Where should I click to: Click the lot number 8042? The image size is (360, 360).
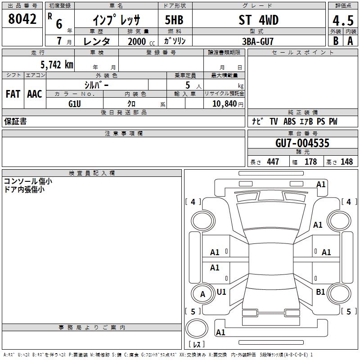coord(22,19)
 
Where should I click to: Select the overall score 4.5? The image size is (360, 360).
coord(343,20)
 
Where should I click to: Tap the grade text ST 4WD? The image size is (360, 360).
coord(259,20)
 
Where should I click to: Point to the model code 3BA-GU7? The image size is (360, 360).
coord(258,41)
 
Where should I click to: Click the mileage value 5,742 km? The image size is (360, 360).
coord(57,65)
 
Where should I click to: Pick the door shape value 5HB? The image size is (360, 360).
coord(174,20)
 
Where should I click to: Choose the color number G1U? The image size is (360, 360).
coord(75,104)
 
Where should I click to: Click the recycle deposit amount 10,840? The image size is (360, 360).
coord(225,104)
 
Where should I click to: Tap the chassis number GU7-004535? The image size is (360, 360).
coord(302,143)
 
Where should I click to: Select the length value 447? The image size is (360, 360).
coord(273,162)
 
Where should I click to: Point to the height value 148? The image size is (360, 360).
coord(346,162)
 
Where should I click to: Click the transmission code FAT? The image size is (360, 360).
coord(13,94)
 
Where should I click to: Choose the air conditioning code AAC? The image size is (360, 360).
coord(35,94)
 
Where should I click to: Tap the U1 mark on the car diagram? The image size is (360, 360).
coord(221,292)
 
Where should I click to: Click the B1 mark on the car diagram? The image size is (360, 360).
coord(320,292)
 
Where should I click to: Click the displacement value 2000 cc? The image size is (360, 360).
coord(141,42)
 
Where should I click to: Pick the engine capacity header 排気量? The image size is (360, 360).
coord(138,31)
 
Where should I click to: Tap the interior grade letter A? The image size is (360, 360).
coord(350,41)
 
